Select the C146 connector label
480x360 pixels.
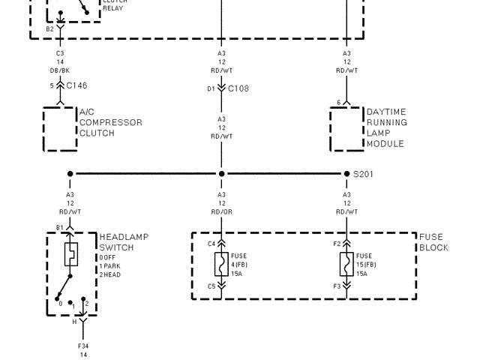76,86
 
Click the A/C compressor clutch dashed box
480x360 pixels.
60,129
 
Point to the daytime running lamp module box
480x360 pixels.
346,129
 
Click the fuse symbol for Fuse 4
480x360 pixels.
221,264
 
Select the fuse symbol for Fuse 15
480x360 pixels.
346,264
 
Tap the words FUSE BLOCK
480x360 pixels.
433,242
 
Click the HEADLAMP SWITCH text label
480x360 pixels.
124,242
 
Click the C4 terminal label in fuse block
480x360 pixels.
211,244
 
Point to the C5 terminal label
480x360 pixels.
211,286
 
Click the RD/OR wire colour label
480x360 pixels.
221,211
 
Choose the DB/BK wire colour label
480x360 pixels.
60,71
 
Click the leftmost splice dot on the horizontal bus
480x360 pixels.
70,174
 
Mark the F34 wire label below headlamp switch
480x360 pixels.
83,346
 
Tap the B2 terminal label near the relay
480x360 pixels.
49,28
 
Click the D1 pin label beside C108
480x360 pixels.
211,88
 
